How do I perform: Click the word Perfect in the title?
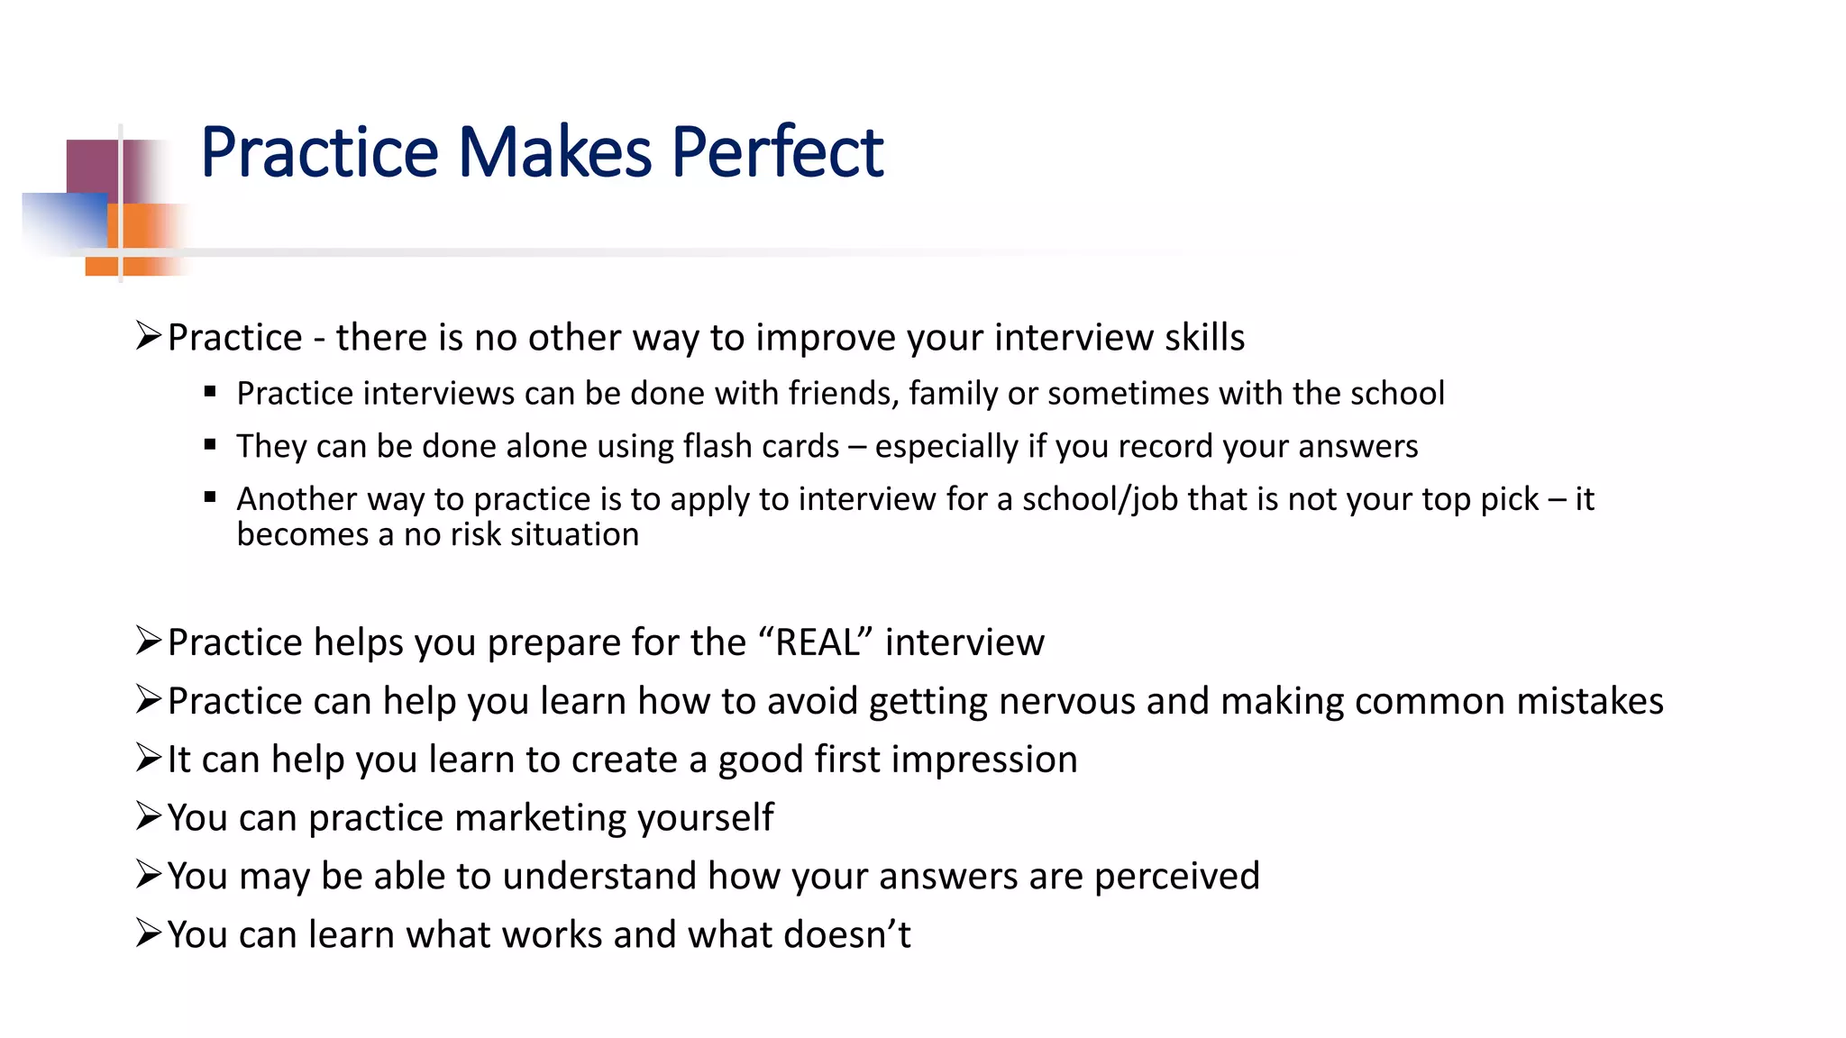coord(777,152)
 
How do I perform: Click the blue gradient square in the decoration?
coord(63,221)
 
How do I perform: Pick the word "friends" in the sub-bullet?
coord(843,394)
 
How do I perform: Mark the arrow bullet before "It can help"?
coord(148,758)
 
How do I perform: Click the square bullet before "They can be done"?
coord(210,444)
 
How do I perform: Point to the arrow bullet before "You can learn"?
coord(148,933)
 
